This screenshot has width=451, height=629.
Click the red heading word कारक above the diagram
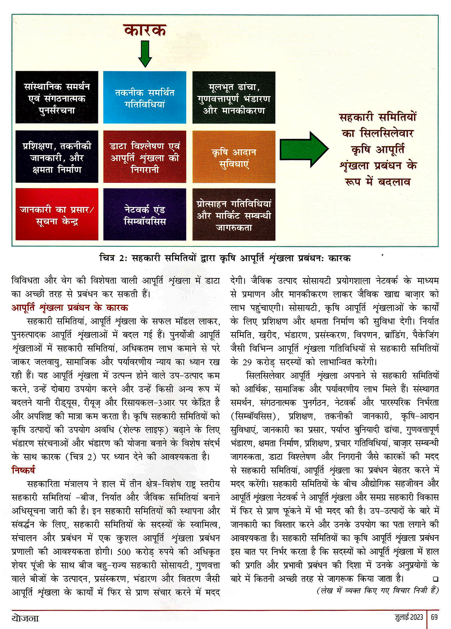point(145,30)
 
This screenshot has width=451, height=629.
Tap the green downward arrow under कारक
point(145,53)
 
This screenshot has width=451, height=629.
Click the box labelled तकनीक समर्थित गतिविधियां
point(144,97)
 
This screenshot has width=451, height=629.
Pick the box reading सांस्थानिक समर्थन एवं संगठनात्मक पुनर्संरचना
point(57,97)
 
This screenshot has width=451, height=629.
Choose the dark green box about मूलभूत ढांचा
point(234,97)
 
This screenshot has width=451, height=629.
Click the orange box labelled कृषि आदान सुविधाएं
point(234,157)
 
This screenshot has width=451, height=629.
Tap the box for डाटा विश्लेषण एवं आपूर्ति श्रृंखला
point(144,157)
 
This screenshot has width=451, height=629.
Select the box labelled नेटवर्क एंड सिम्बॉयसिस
point(144,214)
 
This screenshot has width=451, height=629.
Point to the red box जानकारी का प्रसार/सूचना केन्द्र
point(57,214)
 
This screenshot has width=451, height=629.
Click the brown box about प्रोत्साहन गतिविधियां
point(234,214)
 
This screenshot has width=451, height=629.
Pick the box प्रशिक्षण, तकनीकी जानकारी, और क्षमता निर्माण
point(57,157)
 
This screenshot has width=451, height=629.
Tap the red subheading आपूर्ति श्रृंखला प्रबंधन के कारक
point(70,308)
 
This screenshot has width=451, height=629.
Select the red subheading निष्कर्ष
point(23,470)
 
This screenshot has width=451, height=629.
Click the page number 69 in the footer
point(434,617)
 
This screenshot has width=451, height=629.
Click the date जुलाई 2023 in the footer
point(409,617)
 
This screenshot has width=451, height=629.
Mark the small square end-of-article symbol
point(435,579)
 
